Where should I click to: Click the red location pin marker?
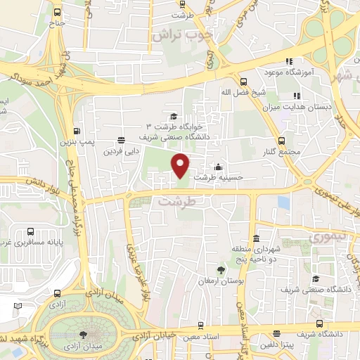(x=181, y=165)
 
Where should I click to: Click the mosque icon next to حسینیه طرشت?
(x=219, y=167)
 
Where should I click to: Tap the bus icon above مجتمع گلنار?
(x=282, y=141)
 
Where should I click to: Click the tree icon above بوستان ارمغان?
(x=221, y=270)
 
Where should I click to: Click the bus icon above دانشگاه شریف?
(x=320, y=324)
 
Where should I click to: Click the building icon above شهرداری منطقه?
(x=257, y=238)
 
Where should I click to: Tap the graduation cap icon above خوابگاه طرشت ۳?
(x=173, y=117)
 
